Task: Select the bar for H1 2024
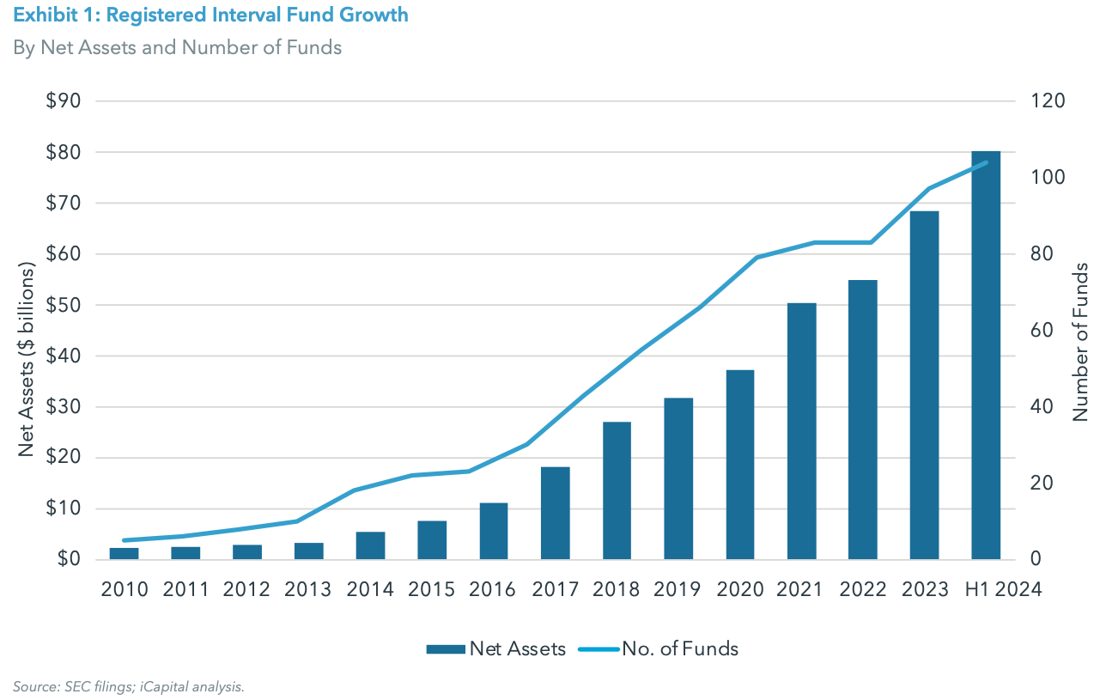coord(986,356)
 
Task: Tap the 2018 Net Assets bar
coord(617,490)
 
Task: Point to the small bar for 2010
coord(124,553)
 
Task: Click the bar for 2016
coord(494,531)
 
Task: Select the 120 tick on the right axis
coord(1048,101)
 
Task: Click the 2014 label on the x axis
coord(370,589)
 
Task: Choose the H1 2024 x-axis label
coord(1001,589)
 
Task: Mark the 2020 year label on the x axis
coord(739,589)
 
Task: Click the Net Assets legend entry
coord(496,648)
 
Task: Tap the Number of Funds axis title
coord(1080,342)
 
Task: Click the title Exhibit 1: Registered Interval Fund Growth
coord(210,15)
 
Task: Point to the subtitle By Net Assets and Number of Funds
coord(177,47)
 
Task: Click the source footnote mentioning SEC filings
coord(129,685)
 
